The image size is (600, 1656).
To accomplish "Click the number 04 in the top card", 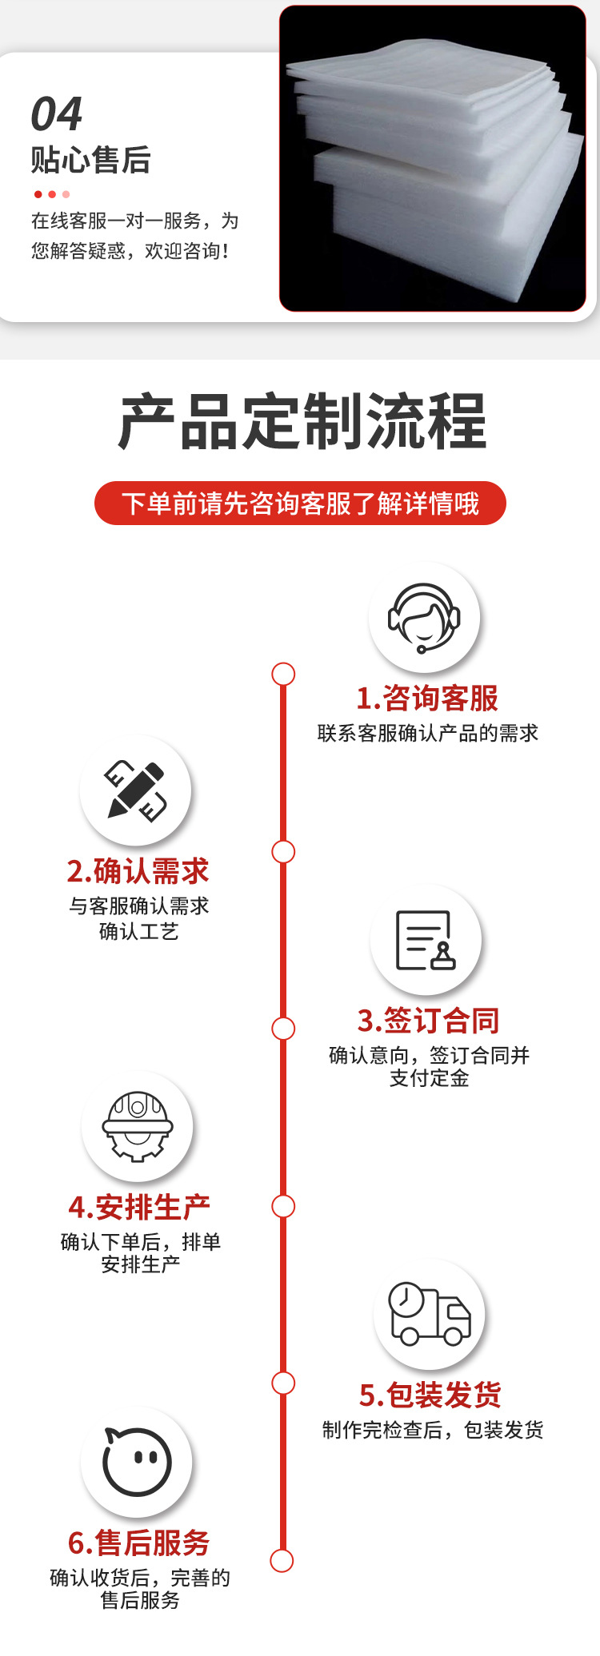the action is pyautogui.click(x=57, y=114).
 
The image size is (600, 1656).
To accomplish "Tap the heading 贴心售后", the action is pyautogui.click(x=90, y=160).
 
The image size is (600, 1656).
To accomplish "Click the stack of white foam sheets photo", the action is pyautogui.click(x=433, y=158).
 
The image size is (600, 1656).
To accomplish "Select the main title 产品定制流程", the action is pyautogui.click(x=302, y=421).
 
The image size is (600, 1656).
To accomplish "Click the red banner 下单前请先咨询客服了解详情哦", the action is pyautogui.click(x=300, y=504).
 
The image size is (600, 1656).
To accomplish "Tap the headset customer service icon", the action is pyautogui.click(x=424, y=618).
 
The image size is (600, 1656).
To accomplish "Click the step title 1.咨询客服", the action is pyautogui.click(x=427, y=699).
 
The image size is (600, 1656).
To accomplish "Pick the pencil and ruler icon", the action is pyautogui.click(x=136, y=790).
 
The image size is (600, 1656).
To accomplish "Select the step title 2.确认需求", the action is pyautogui.click(x=138, y=871).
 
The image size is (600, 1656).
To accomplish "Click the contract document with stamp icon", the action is pyautogui.click(x=426, y=940).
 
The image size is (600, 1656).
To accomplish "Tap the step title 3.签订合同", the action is pyautogui.click(x=428, y=1021).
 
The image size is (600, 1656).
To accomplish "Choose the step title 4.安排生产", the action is pyautogui.click(x=139, y=1208).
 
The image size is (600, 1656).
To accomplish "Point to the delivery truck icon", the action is pyautogui.click(x=430, y=1314).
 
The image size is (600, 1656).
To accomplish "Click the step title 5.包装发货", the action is pyautogui.click(x=430, y=1395).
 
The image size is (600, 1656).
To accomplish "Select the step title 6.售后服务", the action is pyautogui.click(x=138, y=1543).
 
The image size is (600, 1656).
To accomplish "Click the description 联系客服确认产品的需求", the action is pyautogui.click(x=428, y=733).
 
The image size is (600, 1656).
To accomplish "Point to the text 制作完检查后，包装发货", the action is pyautogui.click(x=433, y=1430).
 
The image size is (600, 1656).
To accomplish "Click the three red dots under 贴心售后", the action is pyautogui.click(x=52, y=194).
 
